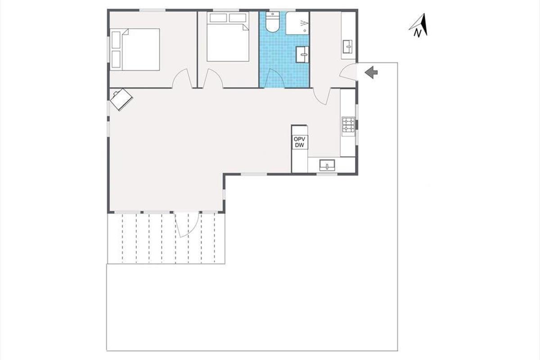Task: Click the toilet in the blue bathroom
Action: (272, 22)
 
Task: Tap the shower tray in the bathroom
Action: (297, 23)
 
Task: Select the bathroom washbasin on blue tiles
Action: (302, 54)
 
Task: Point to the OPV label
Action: (299, 139)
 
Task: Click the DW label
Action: (299, 145)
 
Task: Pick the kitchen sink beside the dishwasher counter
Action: (327, 165)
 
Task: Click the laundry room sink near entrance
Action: (347, 47)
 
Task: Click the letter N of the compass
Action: (418, 33)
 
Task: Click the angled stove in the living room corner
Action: (121, 99)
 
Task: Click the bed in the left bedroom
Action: (135, 49)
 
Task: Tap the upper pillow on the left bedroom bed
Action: (116, 40)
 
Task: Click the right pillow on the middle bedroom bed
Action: (238, 18)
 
